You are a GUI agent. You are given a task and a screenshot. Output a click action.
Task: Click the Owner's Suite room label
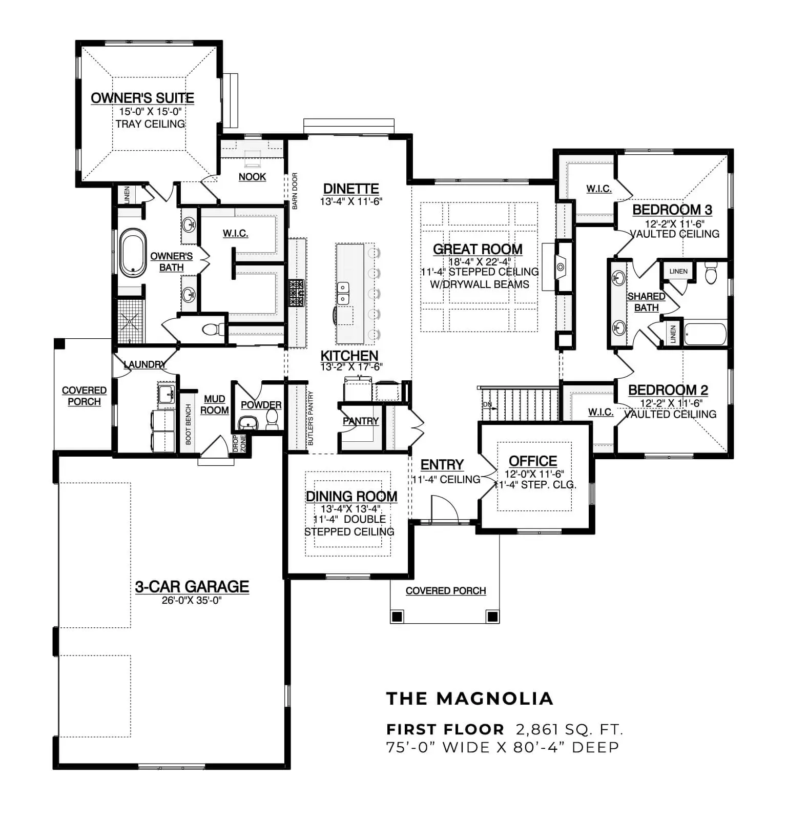[x=142, y=98]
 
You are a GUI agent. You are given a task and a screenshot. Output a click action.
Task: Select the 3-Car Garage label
[x=192, y=586]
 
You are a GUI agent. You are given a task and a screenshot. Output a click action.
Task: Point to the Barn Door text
[x=295, y=191]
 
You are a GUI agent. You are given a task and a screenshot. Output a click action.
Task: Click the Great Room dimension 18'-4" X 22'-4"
[x=480, y=261]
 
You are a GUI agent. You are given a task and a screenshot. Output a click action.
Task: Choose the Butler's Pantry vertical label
[x=310, y=418]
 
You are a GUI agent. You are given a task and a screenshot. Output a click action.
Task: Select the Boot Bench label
[x=189, y=424]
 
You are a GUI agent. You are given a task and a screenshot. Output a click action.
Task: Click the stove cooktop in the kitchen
[x=296, y=293]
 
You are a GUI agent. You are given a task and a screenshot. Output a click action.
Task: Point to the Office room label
[x=533, y=461]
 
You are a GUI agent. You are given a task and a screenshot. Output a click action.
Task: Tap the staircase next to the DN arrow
[x=521, y=404]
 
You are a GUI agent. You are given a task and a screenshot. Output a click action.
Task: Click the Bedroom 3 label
[x=672, y=209]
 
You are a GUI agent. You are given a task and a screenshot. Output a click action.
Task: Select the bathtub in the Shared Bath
[x=706, y=334]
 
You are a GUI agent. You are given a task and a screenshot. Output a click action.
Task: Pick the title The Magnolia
[x=470, y=698]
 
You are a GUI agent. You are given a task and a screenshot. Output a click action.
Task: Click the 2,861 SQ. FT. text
[x=569, y=729]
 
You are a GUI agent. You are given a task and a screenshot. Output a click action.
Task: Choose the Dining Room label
[x=351, y=496]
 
